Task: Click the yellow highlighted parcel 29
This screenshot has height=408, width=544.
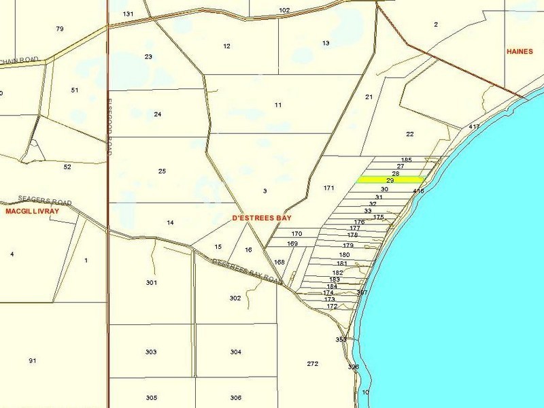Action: [x=391, y=180]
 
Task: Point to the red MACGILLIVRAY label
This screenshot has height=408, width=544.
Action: [x=33, y=211]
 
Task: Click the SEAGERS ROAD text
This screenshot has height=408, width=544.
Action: [x=36, y=199]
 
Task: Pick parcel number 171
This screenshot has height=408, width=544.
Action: [x=329, y=188]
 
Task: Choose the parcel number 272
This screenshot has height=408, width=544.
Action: [x=312, y=364]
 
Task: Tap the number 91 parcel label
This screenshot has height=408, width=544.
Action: [x=32, y=360]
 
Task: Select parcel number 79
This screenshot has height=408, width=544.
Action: [x=59, y=29]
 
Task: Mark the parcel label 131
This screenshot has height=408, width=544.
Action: [x=129, y=14]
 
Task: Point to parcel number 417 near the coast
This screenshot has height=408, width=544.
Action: [x=474, y=127]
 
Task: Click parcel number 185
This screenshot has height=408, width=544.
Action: [x=407, y=159]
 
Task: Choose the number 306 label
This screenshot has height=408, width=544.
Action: [x=235, y=398]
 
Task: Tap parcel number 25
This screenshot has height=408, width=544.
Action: [x=162, y=171]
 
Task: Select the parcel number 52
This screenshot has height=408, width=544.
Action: [x=67, y=167]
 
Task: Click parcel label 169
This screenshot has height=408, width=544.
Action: [x=292, y=243]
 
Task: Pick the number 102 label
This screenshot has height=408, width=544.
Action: [x=284, y=10]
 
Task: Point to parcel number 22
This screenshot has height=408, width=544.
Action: [x=409, y=134]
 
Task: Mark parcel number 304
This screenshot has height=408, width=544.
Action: [x=235, y=352]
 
